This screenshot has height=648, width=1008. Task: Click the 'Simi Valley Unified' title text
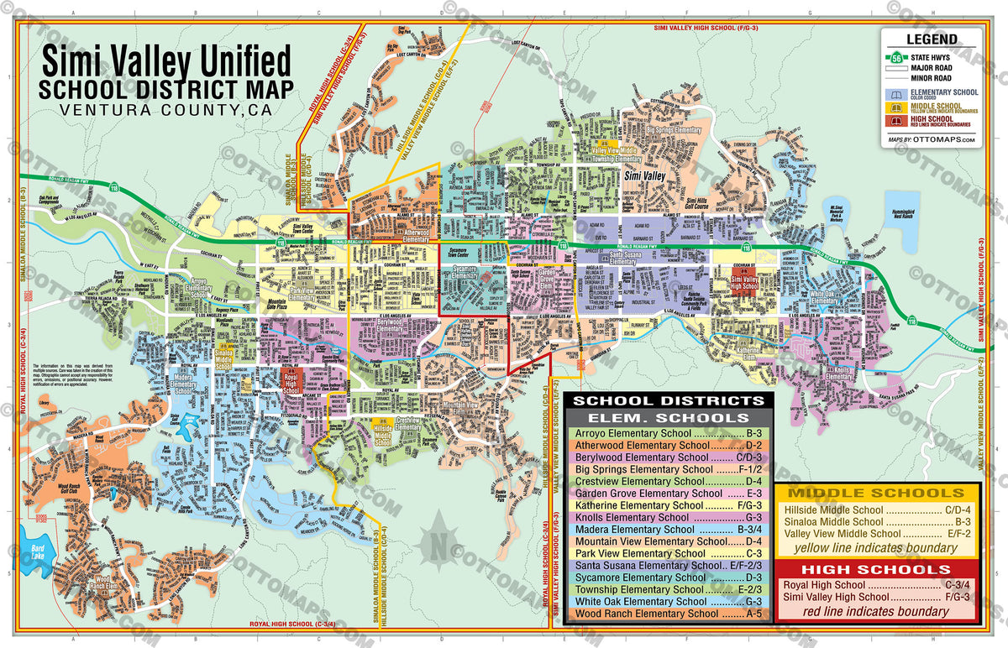coord(166,63)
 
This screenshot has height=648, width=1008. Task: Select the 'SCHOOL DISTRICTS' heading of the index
coord(667,400)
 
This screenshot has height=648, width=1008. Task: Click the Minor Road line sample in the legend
coord(895,78)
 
